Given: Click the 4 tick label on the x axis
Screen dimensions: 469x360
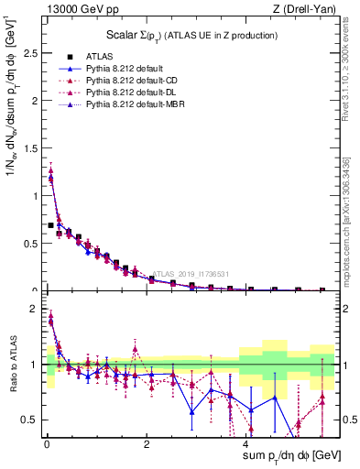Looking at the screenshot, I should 245,442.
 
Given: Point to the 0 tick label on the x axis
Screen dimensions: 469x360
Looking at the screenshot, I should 45,442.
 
